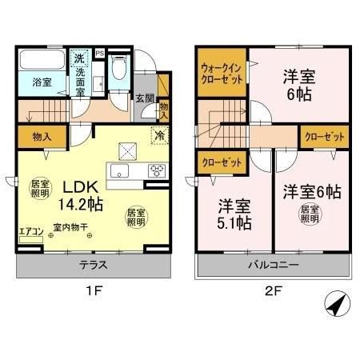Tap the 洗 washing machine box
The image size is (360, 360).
pyautogui.click(x=79, y=58)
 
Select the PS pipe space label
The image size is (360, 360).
pyautogui.click(x=100, y=53)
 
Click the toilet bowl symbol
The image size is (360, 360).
pyautogui.click(x=118, y=70)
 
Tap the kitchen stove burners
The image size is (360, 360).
pyautogui.click(x=156, y=169)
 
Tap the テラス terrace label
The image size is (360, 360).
pyautogui.click(x=94, y=266)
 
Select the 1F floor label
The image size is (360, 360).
pyautogui.click(x=94, y=292)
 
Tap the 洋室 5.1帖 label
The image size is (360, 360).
pyautogui.click(x=226, y=211)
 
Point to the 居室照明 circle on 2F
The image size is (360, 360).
pyautogui.click(x=308, y=214)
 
